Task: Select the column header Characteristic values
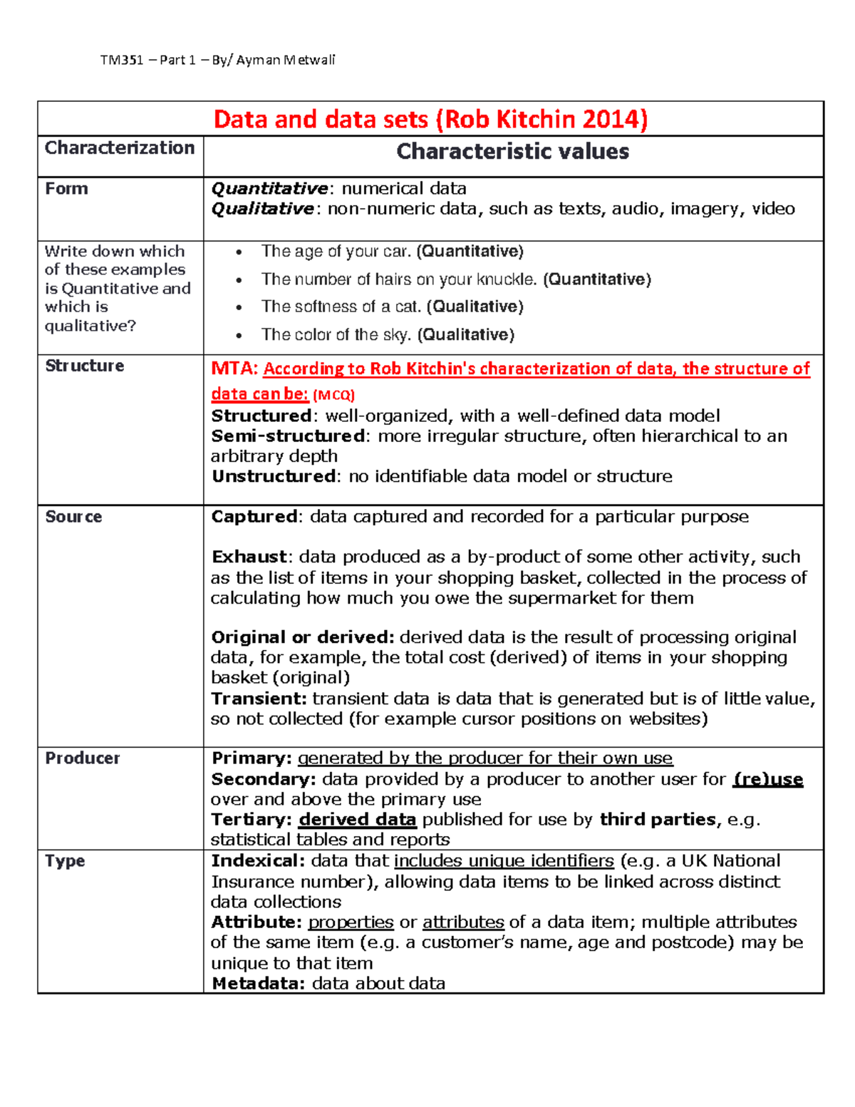[x=512, y=151]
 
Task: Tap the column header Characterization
[x=120, y=148]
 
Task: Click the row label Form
[x=67, y=189]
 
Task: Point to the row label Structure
[x=85, y=366]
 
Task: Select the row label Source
[x=73, y=517]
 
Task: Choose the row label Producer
[x=83, y=758]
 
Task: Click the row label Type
[x=65, y=861]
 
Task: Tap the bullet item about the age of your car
[x=392, y=252]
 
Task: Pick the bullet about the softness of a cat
[x=392, y=307]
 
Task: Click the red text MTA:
[x=234, y=369]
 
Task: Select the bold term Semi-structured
[x=288, y=436]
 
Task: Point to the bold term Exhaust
[x=249, y=557]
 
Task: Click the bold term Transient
[x=259, y=699]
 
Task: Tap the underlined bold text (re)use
[x=767, y=779]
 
